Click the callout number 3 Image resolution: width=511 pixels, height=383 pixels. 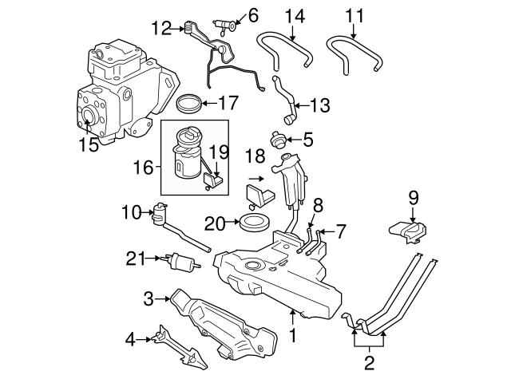[x=148, y=300]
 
